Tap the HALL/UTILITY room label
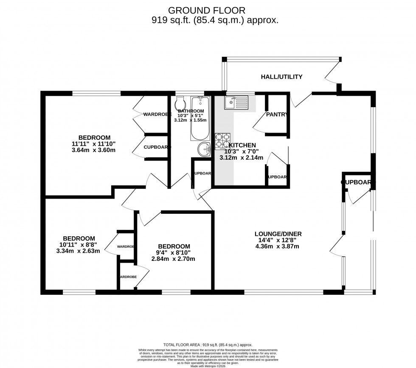point(281,77)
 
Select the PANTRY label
point(277,114)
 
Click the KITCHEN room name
point(242,145)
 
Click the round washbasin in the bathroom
point(205,149)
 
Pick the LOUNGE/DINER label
point(278,234)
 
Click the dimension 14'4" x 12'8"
point(278,240)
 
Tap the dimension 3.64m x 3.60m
point(94,150)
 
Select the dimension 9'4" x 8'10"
point(173,253)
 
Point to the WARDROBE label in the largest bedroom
point(157,114)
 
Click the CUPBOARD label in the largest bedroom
point(157,147)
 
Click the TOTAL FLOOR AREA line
point(208,345)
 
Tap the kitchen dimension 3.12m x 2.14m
point(241,158)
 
